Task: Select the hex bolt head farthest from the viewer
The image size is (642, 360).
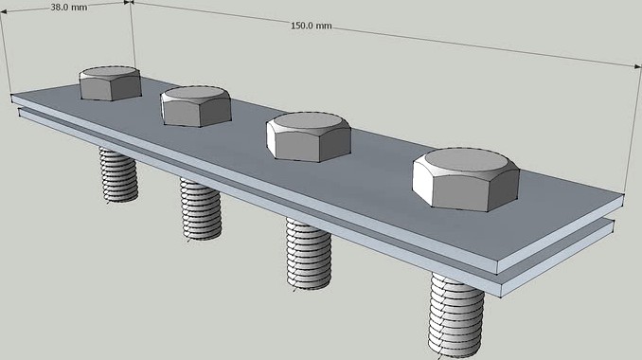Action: tap(110, 82)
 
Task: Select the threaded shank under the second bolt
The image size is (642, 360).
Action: tap(202, 209)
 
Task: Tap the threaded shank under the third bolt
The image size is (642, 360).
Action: tap(309, 250)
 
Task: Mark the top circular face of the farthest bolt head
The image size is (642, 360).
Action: tap(110, 71)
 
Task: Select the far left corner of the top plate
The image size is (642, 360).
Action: tap(12, 96)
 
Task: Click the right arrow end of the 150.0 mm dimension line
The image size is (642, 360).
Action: tap(640, 65)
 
